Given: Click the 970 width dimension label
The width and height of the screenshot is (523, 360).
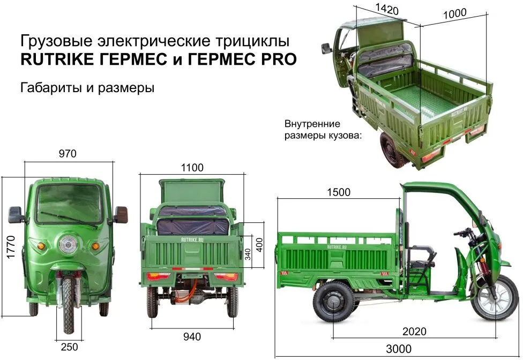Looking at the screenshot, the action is pyautogui.click(x=68, y=154).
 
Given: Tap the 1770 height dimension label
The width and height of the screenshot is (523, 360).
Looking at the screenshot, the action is pyautogui.click(x=11, y=246).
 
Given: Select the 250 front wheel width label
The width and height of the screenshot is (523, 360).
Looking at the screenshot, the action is pyautogui.click(x=69, y=347).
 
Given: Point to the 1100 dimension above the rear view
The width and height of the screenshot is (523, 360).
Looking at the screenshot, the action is pyautogui.click(x=192, y=167).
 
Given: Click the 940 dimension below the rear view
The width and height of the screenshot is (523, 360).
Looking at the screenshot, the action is pyautogui.click(x=192, y=336).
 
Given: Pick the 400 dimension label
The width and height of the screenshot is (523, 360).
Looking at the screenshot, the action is pyautogui.click(x=259, y=245).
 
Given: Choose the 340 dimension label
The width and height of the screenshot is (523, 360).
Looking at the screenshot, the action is pyautogui.click(x=248, y=254).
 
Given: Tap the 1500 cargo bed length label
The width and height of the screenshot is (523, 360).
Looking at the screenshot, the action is pyautogui.click(x=339, y=192).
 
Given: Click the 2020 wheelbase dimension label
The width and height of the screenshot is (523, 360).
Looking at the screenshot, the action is pyautogui.click(x=414, y=331).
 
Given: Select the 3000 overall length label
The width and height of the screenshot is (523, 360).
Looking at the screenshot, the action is pyautogui.click(x=399, y=349).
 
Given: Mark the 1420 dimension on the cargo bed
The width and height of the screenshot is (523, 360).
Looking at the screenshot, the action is pyautogui.click(x=387, y=9).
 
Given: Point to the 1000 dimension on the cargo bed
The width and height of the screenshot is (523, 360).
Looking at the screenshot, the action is pyautogui.click(x=454, y=14).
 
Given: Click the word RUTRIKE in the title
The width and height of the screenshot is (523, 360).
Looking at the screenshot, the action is pyautogui.click(x=57, y=59).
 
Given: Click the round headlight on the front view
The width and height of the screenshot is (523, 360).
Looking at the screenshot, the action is pyautogui.click(x=69, y=244).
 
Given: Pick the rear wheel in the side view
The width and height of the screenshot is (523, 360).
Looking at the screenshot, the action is pyautogui.click(x=334, y=302).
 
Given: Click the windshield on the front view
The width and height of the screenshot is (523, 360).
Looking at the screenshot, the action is pyautogui.click(x=69, y=204).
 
